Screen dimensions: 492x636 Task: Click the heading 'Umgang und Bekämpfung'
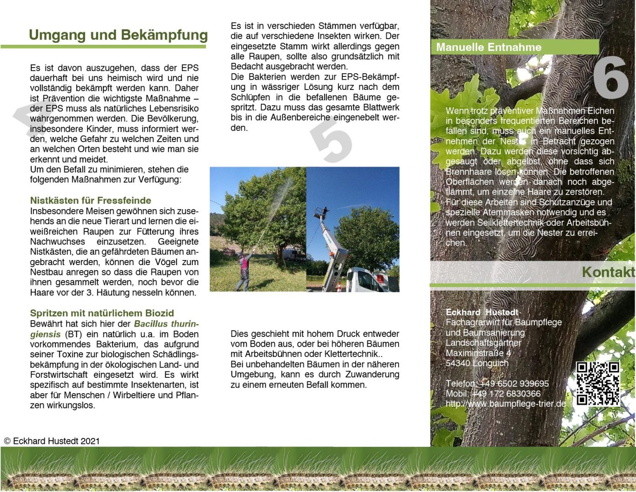click(118, 35)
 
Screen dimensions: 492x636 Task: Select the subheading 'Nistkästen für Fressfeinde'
click(91, 200)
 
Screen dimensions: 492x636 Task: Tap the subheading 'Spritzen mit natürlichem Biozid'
click(102, 313)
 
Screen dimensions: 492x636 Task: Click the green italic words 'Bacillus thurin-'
click(166, 324)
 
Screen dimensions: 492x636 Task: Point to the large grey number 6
click(610, 77)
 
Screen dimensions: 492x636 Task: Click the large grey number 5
click(332, 141)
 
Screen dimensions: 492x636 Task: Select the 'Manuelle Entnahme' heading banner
click(489, 47)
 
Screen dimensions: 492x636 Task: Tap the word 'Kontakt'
click(608, 272)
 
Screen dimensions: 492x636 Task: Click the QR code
click(597, 383)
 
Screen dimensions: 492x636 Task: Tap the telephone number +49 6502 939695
click(514, 383)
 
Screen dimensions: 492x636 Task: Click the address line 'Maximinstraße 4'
click(478, 353)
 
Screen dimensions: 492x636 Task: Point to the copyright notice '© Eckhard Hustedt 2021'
click(52, 441)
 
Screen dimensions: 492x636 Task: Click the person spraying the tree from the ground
click(244, 270)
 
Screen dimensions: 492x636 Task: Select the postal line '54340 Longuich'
click(477, 363)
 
